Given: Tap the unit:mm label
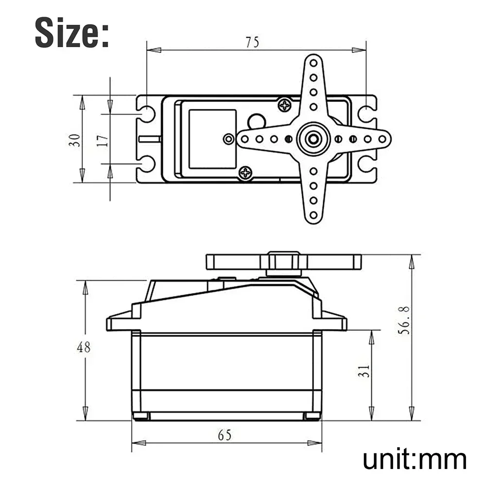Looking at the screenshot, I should click(415, 459).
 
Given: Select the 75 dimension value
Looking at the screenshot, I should click(252, 42).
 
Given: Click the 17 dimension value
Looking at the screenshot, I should click(102, 140).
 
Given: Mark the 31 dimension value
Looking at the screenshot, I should click(365, 371).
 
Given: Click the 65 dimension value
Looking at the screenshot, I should click(225, 435).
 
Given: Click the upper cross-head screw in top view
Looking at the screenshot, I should click(284, 104).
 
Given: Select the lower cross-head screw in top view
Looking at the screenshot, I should click(246, 172).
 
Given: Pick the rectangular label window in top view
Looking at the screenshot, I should click(212, 139).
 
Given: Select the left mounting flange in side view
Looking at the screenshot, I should click(119, 322).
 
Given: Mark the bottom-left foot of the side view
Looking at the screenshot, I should click(141, 416).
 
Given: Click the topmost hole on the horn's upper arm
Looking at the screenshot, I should click(313, 63).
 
